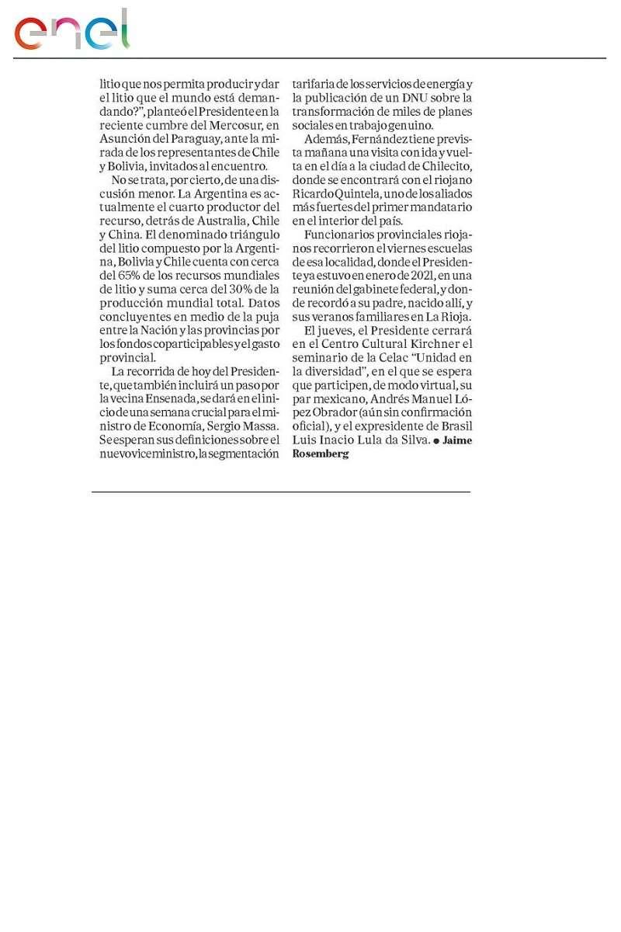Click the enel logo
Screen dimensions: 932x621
(71, 31)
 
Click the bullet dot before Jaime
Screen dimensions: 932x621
(436, 440)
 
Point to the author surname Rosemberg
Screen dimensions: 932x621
(321, 454)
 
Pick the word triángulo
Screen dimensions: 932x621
(246, 235)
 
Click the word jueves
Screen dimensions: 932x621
(337, 331)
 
